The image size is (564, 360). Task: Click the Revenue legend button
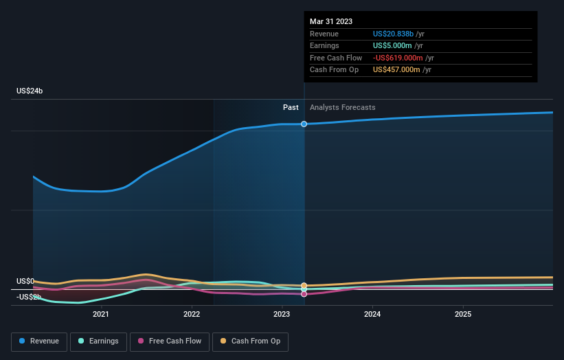tap(39, 341)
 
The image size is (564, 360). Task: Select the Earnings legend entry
tap(98, 341)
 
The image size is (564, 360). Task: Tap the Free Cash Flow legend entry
tap(170, 341)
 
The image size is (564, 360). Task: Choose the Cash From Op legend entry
tap(250, 341)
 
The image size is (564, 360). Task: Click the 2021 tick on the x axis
tap(101, 314)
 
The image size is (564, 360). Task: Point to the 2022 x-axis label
tap(192, 314)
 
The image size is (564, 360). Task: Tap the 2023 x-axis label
tap(282, 314)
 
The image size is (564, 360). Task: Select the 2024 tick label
tap(372, 314)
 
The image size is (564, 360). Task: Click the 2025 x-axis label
tap(463, 314)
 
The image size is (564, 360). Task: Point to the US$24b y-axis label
tap(30, 91)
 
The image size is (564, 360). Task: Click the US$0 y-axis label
tap(25, 281)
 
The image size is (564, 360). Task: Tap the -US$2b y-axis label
tap(29, 297)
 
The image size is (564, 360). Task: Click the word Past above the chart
tap(291, 107)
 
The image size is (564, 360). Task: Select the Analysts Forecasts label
tap(343, 107)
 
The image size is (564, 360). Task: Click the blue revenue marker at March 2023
tap(304, 124)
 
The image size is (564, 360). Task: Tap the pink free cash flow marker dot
tap(304, 294)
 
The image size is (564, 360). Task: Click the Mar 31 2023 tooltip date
tap(331, 21)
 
